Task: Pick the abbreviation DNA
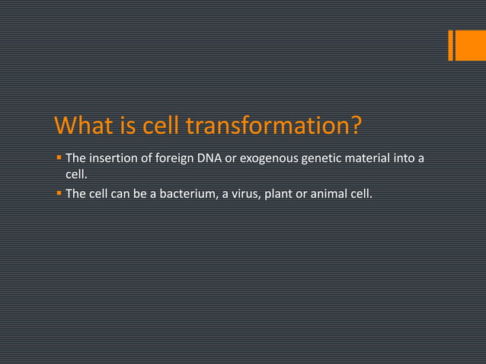tap(211, 159)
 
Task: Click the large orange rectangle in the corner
tap(471, 45)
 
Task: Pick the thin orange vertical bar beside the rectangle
tap(451, 45)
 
